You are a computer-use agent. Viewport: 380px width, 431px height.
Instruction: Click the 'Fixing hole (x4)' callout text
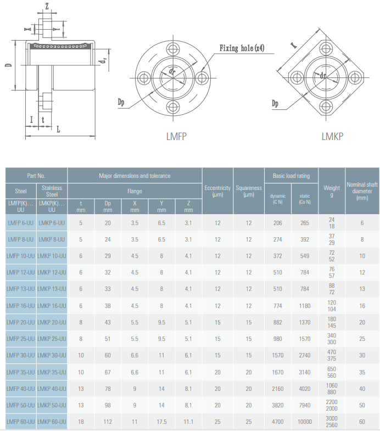(242, 48)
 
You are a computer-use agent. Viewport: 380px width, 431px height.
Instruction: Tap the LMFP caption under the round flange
(176, 137)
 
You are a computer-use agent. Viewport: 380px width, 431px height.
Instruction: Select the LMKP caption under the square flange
(332, 136)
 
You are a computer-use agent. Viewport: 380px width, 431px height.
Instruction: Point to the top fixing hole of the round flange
(173, 49)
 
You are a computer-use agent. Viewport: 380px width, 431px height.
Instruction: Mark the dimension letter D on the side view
(9, 65)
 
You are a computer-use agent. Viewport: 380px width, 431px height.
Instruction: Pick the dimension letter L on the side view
(58, 129)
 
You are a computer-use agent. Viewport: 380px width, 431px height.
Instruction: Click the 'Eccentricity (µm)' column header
(217, 191)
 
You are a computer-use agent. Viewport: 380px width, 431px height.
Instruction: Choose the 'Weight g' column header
(332, 191)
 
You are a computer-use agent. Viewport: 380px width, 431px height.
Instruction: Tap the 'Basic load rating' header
(291, 176)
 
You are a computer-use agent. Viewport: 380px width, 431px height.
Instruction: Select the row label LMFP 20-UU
(21, 322)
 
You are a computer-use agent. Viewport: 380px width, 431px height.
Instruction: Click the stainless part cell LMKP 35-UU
(52, 372)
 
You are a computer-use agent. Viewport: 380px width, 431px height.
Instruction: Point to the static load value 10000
(305, 422)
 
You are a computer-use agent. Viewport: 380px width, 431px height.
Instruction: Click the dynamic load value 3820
(278, 405)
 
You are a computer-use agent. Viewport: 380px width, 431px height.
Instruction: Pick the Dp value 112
(108, 422)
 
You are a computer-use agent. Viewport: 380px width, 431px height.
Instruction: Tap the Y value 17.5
(161, 422)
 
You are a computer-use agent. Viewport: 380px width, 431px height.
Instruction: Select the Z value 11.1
(188, 422)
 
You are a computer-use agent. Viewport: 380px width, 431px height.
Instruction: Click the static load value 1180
(305, 306)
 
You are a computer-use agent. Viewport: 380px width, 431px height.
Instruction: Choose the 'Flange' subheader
(135, 191)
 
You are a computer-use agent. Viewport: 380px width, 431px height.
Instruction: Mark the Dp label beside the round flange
(121, 102)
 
